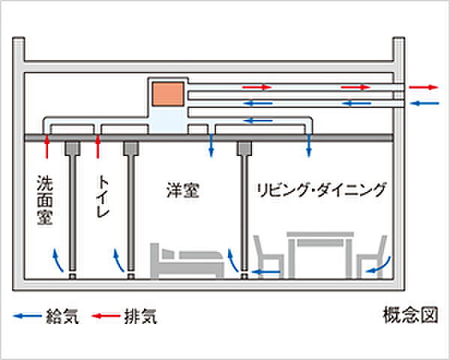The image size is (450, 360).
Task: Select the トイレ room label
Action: (103, 196)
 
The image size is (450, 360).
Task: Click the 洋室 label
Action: (182, 190)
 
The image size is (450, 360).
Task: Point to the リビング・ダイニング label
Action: (321, 189)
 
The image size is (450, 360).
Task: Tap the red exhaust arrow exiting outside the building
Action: (424, 87)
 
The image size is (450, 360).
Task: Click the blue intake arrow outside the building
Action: (424, 103)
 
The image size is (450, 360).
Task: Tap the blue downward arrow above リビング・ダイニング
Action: (308, 146)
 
